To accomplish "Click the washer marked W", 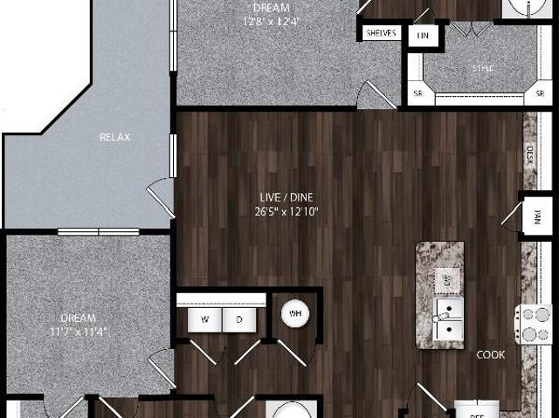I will click(204, 319).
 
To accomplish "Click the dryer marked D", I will click(238, 319).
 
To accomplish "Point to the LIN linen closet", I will click(424, 35).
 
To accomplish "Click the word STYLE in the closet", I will click(484, 67).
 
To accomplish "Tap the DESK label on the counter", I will click(530, 155).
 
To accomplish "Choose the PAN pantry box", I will click(536, 215).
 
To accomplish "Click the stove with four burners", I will click(534, 324).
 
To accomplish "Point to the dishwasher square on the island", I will click(446, 281).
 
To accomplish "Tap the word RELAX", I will click(115, 136).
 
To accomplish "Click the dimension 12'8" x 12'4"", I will click(267, 21).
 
